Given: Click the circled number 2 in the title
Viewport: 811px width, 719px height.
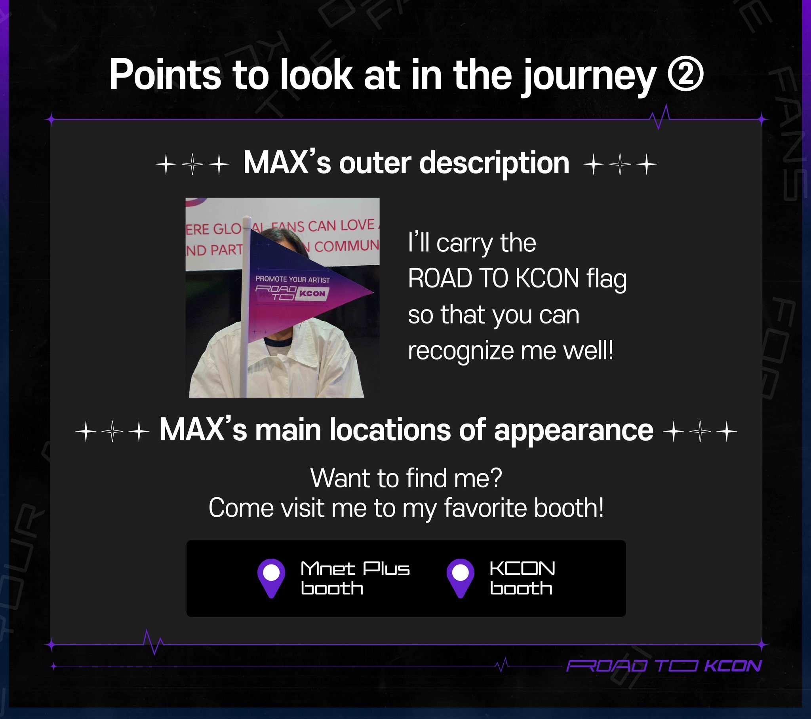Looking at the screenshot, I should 685,74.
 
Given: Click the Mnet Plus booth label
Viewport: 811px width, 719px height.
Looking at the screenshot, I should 355,578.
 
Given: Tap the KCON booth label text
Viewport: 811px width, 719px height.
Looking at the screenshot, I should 522,578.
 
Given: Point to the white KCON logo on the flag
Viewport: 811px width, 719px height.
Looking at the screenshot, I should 312,294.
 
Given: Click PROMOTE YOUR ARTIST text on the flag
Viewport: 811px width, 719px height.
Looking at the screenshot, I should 292,280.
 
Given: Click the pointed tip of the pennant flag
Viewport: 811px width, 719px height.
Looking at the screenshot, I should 371,293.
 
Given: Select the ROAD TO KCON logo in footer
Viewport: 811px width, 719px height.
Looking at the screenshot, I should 664,666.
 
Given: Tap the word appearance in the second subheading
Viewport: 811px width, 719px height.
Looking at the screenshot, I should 573,430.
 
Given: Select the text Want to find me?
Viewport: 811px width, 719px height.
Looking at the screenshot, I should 406,478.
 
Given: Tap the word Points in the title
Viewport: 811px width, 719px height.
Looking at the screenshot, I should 165,75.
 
